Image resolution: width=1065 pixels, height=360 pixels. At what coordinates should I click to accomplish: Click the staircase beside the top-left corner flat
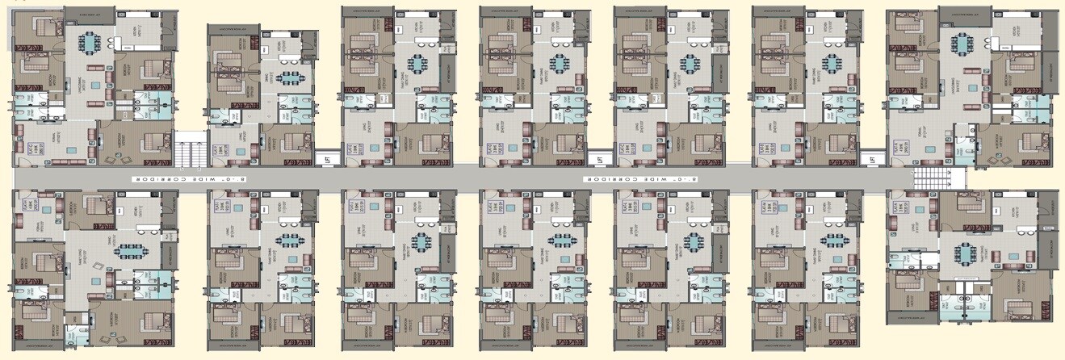coord(187,149)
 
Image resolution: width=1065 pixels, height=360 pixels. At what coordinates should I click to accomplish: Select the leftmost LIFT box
coord(327,158)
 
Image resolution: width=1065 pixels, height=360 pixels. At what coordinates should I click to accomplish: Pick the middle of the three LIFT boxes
coord(598,159)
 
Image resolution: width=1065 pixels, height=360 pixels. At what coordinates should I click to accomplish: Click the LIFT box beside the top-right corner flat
coord(872,159)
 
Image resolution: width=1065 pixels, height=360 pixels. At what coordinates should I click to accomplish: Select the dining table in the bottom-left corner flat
coord(130,250)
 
